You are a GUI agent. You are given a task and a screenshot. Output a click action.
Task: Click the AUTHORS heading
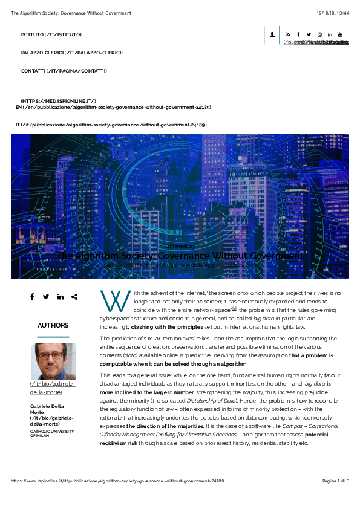coord(53,325)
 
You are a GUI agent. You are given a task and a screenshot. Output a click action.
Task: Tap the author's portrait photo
coord(53,361)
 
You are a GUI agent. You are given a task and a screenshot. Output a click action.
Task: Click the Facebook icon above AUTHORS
coord(32,297)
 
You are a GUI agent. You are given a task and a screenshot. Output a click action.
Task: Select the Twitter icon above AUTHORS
coord(46,297)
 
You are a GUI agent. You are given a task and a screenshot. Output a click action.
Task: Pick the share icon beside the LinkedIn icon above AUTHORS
coord(74,297)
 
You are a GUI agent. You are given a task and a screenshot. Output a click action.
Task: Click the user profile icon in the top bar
coord(272,34)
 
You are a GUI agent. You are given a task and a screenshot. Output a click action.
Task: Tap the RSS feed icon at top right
coord(288,34)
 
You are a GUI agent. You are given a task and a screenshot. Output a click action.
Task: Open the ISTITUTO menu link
coord(51,34)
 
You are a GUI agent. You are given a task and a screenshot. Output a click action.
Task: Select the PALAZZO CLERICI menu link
coord(72,53)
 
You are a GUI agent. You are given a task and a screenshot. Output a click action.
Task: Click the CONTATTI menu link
coord(64,71)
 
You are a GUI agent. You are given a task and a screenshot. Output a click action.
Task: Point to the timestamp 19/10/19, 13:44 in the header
coord(332,13)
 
